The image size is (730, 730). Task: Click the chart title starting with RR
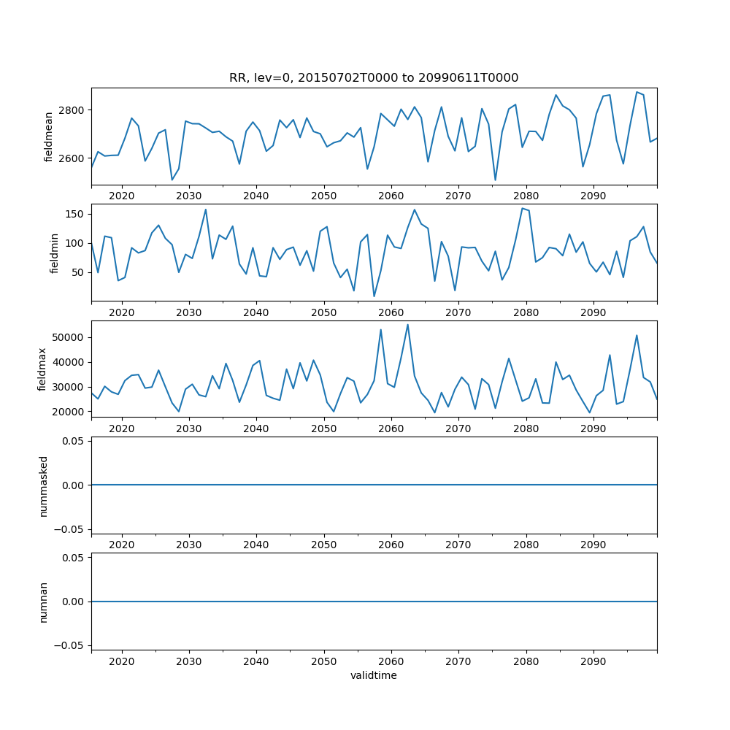(374, 78)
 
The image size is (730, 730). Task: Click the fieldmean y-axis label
(49, 137)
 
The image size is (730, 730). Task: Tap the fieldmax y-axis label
(42, 369)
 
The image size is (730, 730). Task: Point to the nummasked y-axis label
(43, 485)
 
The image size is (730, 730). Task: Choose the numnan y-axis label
(43, 602)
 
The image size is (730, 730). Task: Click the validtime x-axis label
(374, 676)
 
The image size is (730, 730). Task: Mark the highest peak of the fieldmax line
(407, 325)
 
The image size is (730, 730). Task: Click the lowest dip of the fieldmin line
(374, 296)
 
